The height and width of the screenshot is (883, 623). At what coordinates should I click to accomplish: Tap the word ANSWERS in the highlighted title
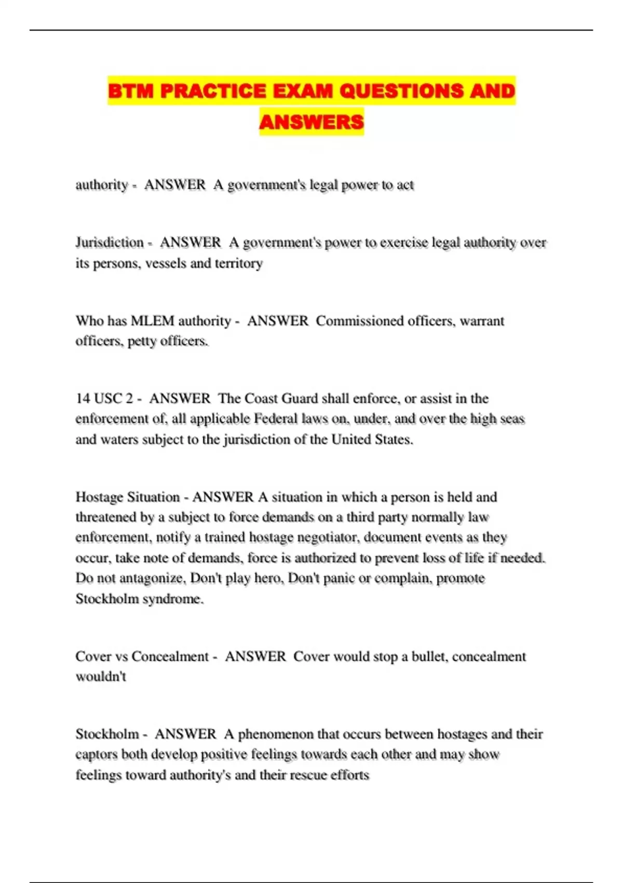[x=311, y=122]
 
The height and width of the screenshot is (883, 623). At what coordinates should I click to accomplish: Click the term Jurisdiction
[x=110, y=243]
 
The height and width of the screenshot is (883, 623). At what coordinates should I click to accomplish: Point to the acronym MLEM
[x=152, y=321]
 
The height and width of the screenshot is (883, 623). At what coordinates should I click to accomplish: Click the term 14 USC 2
[x=104, y=399]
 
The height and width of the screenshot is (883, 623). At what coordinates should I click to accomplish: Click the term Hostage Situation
[x=128, y=497]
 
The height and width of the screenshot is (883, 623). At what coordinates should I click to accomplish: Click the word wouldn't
[x=101, y=677]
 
